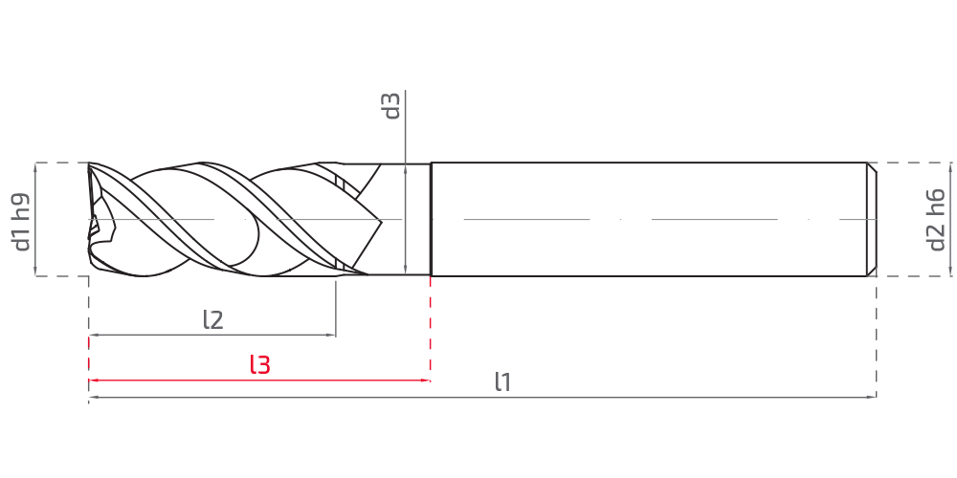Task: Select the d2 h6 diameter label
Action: [x=936, y=220]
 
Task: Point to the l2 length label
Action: [x=213, y=319]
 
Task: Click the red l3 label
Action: [x=259, y=364]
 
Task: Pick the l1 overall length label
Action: [x=502, y=382]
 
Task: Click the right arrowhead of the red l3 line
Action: [x=427, y=380]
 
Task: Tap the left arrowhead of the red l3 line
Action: [x=93, y=380]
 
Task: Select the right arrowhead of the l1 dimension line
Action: [x=873, y=397]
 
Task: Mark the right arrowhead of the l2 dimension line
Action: [x=332, y=335]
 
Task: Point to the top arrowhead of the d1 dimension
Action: [x=35, y=166]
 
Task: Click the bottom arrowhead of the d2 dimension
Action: [x=950, y=272]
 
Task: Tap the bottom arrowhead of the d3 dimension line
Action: [x=405, y=272]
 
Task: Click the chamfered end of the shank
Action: [x=872, y=220]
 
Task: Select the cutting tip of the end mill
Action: [x=92, y=220]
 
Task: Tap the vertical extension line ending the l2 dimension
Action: [x=336, y=307]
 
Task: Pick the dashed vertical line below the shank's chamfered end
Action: [x=877, y=337]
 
